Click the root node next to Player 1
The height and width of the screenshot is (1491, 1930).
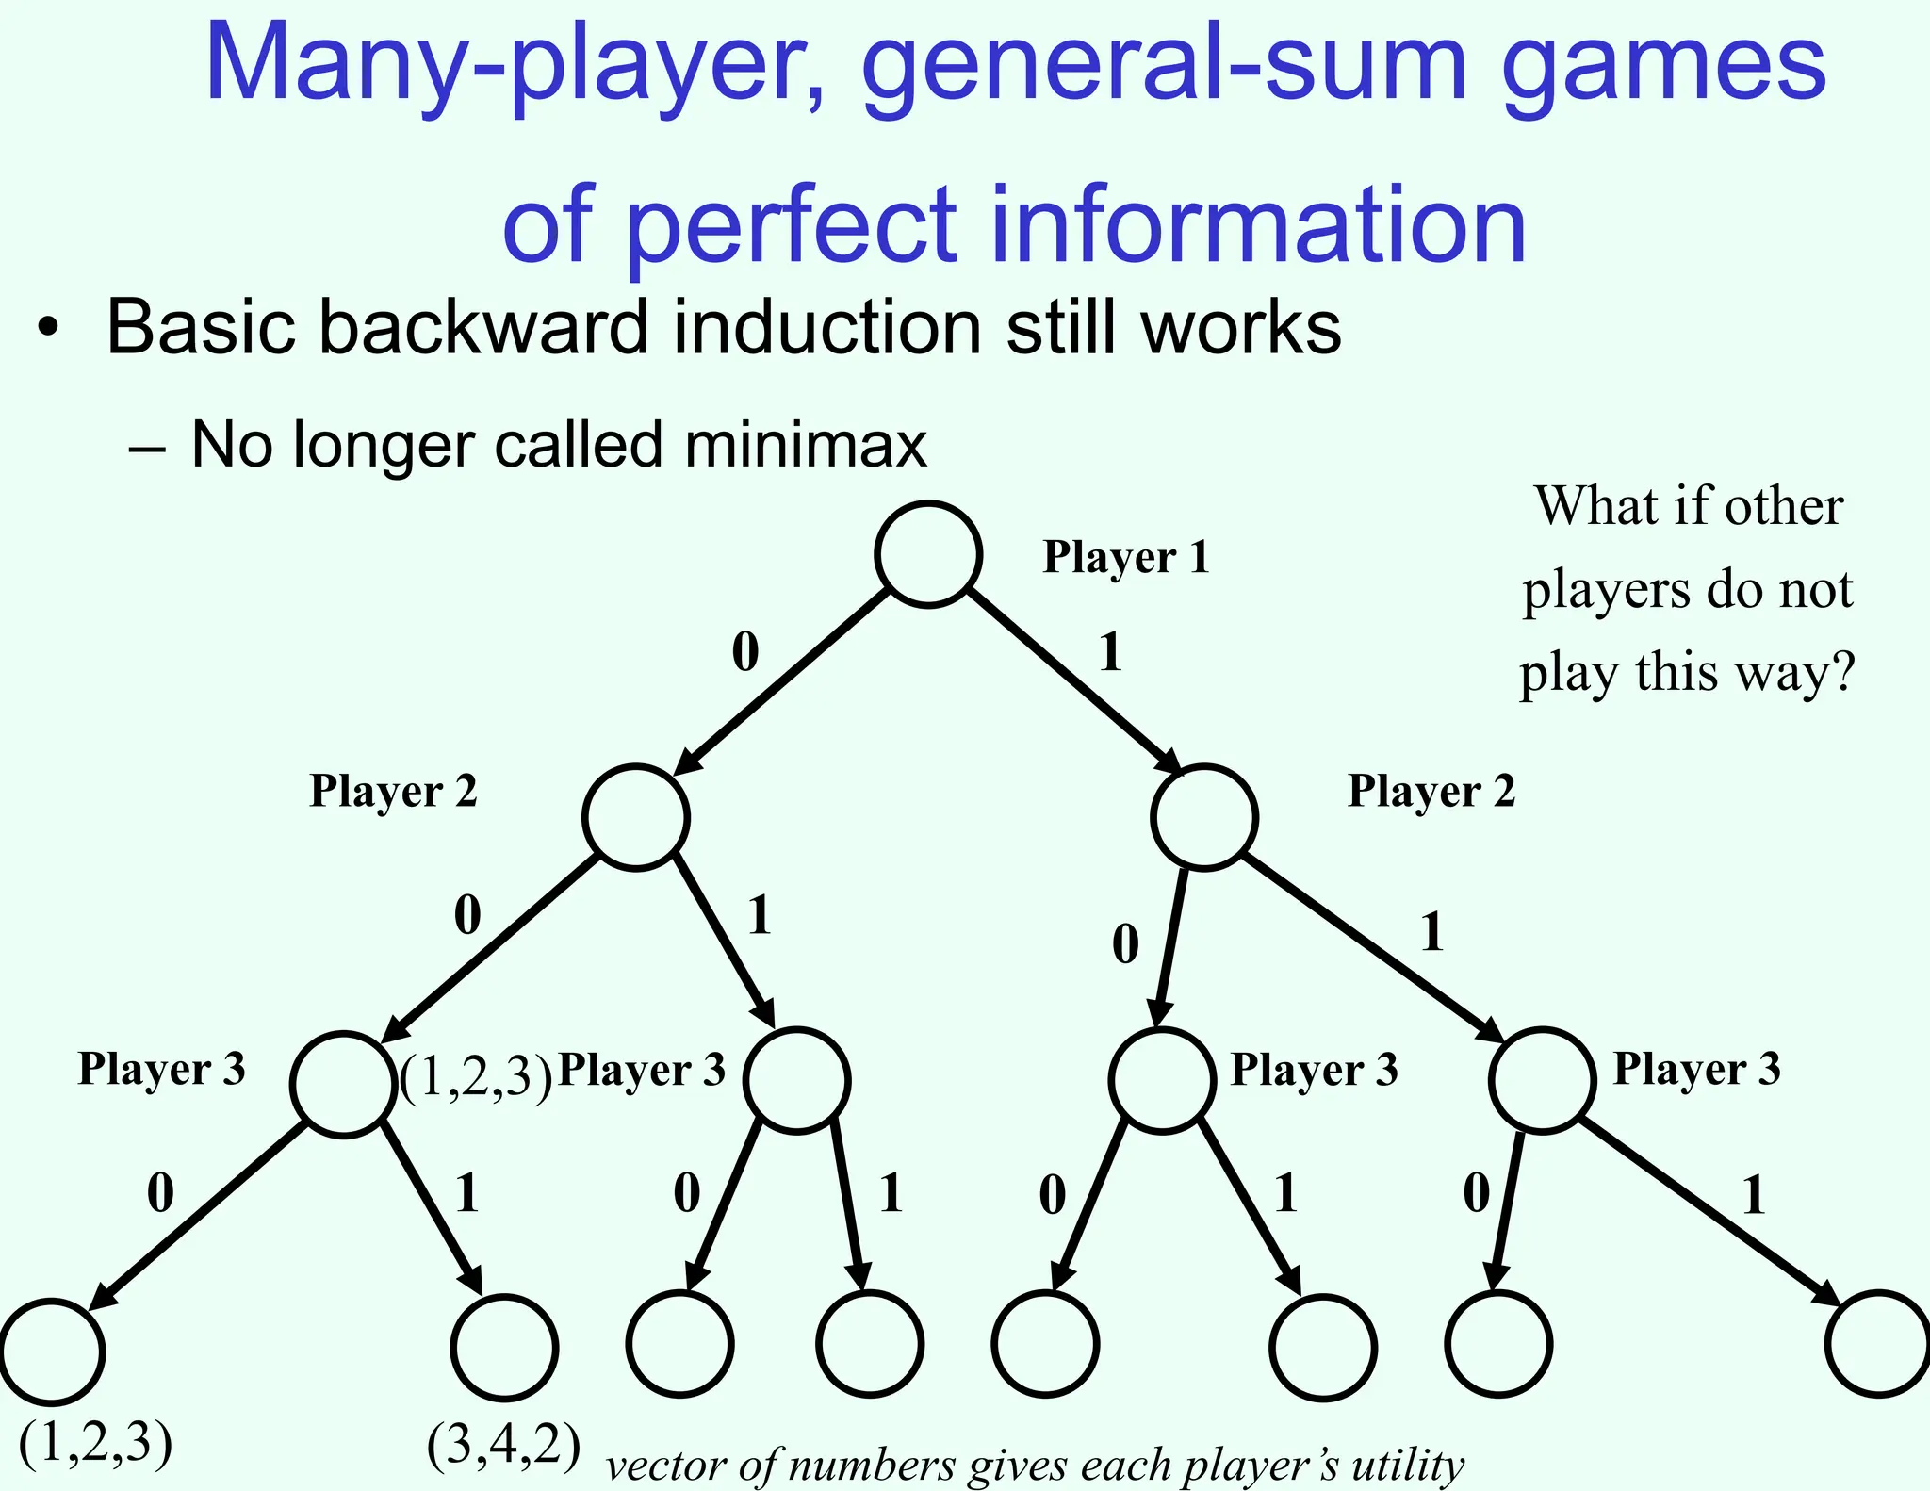click(x=928, y=554)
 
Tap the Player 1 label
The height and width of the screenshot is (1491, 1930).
click(x=1125, y=557)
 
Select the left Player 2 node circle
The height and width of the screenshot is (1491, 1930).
click(x=635, y=817)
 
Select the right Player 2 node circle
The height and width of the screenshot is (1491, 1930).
click(x=1203, y=817)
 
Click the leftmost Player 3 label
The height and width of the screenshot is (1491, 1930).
click(x=161, y=1069)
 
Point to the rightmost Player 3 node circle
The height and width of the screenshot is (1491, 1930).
click(x=1542, y=1080)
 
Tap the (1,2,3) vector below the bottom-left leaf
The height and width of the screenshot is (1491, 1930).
click(x=96, y=1441)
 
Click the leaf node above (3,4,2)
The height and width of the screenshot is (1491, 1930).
click(x=504, y=1348)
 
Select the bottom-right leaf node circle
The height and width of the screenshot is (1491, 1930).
click(x=1877, y=1343)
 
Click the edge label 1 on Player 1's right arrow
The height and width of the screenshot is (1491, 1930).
click(x=1111, y=652)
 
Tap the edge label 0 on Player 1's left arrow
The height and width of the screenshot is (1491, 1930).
click(x=744, y=652)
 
